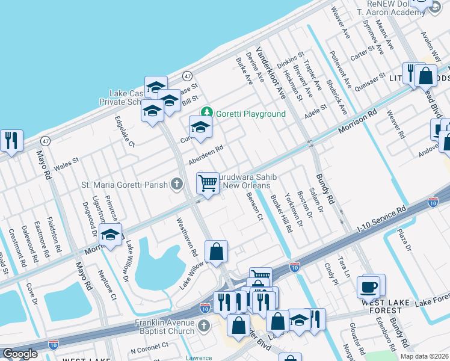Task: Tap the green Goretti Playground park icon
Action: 207,113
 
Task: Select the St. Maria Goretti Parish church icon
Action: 177,184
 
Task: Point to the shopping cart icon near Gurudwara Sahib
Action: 208,182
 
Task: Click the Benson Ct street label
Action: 253,206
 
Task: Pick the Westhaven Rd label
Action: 186,235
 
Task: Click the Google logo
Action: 20,354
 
